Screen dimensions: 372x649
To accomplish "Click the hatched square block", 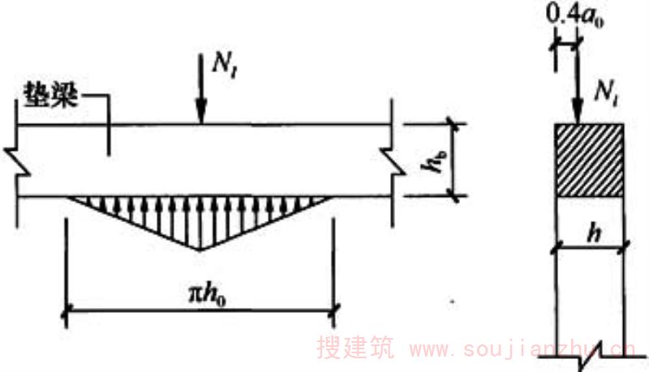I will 589,160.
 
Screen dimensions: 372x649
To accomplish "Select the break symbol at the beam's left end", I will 18,159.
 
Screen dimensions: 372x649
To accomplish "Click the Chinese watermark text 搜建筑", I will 355,349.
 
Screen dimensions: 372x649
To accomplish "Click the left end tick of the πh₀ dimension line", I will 66,309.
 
